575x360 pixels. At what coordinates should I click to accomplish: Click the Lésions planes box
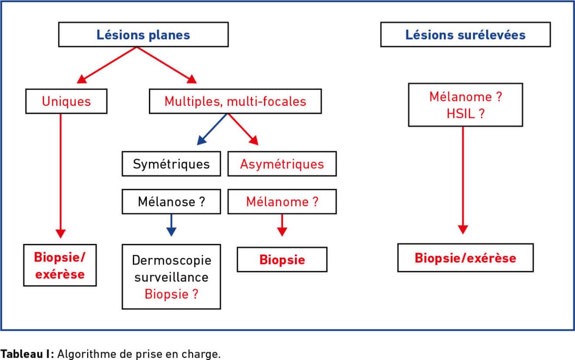coord(143,34)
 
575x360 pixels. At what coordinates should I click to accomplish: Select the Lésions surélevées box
coord(465,34)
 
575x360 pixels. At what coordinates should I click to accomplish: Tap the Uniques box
coord(66,101)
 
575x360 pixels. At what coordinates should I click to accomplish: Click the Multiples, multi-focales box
coord(235,101)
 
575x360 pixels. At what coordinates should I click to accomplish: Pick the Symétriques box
coord(171,164)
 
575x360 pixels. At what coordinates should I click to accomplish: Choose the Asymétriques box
coord(282,164)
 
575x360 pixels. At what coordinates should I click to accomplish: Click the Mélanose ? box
coord(171,201)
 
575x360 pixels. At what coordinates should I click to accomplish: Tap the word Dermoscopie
coord(172,260)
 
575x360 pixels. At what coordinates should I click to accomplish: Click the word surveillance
coord(171,277)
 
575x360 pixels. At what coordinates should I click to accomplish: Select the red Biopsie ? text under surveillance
coord(171,294)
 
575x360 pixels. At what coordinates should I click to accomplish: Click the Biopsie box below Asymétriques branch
coord(282,259)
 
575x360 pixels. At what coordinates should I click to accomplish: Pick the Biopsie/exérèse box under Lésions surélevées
coord(465,258)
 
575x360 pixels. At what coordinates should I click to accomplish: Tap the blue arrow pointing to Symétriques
coord(212,129)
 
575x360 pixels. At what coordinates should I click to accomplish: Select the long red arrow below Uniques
coord(61,176)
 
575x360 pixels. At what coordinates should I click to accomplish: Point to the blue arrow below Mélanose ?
coord(171,225)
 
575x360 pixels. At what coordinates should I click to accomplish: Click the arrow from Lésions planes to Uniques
coord(106,65)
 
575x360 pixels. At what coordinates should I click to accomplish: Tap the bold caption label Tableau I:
coord(27,354)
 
